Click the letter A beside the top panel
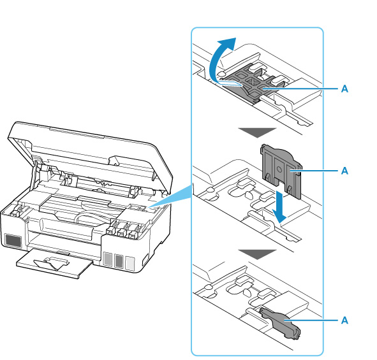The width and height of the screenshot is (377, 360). [344, 89]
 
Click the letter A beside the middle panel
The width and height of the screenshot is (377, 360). [344, 171]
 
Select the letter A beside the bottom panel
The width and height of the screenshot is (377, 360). [344, 320]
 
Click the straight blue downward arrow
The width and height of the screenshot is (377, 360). [279, 206]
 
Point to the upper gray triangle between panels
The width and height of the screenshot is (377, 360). [257, 132]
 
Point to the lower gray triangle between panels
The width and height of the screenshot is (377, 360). [257, 254]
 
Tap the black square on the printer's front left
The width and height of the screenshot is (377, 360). [13, 241]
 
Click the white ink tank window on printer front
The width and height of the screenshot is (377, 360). [130, 263]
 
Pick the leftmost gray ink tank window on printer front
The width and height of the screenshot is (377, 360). [107, 259]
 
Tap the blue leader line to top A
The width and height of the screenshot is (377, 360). [300, 89]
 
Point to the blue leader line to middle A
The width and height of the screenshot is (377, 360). [314, 171]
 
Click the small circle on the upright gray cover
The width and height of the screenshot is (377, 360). [279, 169]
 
